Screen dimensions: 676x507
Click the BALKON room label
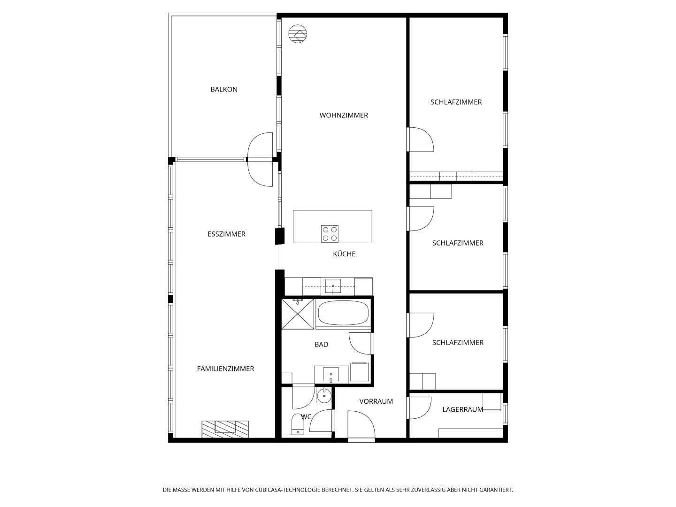click(x=224, y=89)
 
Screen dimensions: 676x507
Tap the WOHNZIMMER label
click(x=344, y=115)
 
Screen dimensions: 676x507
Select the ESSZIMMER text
click(x=226, y=234)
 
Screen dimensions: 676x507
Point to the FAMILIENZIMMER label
click(x=225, y=369)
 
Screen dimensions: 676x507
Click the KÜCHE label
click(x=344, y=253)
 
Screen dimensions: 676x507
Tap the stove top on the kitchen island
click(x=330, y=234)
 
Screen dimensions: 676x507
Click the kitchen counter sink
click(x=333, y=286)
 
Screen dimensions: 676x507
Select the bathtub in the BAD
click(x=343, y=313)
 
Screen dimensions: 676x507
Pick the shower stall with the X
click(x=298, y=314)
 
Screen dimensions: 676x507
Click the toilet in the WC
click(x=298, y=424)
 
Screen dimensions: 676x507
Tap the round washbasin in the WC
click(x=323, y=395)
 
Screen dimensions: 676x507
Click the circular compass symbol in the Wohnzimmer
click(x=298, y=33)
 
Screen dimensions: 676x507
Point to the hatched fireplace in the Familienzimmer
click(x=225, y=429)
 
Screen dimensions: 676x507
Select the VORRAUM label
click(x=376, y=401)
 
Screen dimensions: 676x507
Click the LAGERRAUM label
click(x=462, y=409)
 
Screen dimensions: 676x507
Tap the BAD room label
click(x=321, y=345)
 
